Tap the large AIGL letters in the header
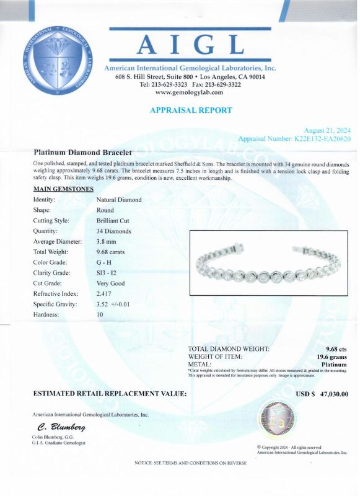pos(190,45)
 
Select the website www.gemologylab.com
pos(190,92)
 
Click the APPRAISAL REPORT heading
pos(191,110)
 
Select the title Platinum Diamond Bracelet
pos(82,152)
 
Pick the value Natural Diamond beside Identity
pos(119,200)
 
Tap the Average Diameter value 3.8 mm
pos(107,241)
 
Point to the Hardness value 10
pos(100,315)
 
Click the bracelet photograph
pos(270,263)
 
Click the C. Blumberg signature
pos(61,428)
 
